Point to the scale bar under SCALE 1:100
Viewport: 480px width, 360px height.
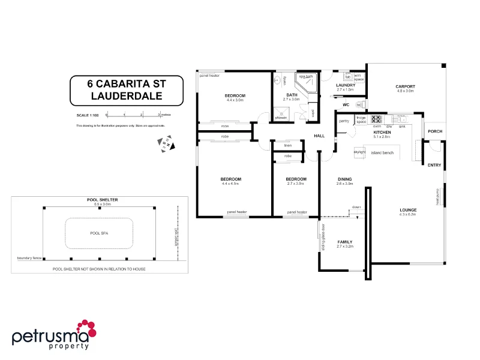[x=133, y=113]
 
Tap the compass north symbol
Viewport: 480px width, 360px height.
[x=166, y=144]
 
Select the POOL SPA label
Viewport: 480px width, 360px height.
[x=98, y=233]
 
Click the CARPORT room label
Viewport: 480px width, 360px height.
[x=405, y=87]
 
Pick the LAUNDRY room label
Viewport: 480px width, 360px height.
[x=346, y=85]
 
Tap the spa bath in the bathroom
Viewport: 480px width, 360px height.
[x=307, y=80]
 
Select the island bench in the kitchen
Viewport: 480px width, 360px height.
[x=382, y=152]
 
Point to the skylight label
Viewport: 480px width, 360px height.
[x=359, y=152]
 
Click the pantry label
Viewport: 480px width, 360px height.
[x=344, y=121]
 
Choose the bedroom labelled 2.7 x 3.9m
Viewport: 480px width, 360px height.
[x=296, y=179]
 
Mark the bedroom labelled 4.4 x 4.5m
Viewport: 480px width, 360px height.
[x=230, y=179]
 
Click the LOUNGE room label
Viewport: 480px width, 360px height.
[x=408, y=210]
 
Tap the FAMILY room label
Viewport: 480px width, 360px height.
[x=345, y=242]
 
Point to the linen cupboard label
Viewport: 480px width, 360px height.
[x=288, y=146]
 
